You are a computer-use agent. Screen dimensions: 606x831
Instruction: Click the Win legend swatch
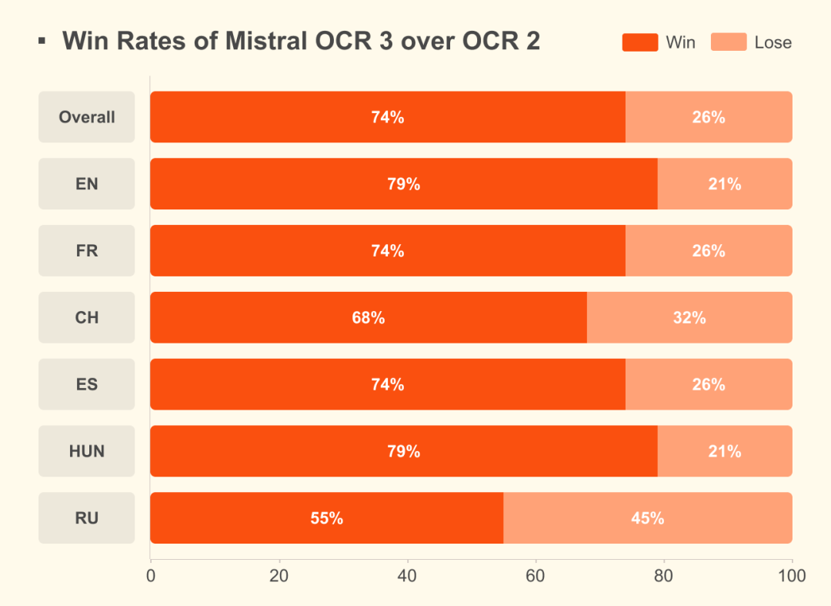[639, 42]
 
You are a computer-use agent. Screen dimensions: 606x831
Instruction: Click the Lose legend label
[773, 42]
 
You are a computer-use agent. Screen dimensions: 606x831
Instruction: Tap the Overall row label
[87, 117]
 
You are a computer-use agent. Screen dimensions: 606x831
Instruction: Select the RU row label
[87, 518]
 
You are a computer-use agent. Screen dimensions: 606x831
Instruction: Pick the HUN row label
[87, 451]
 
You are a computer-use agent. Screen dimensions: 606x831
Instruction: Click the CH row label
[87, 317]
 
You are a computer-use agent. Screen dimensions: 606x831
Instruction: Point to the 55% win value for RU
[326, 518]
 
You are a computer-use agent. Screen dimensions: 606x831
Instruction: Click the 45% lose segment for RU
[647, 518]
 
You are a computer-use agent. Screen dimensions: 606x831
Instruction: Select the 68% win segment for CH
[368, 317]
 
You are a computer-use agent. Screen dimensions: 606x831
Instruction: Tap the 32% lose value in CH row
[689, 317]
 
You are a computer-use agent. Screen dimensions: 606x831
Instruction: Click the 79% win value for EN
[403, 184]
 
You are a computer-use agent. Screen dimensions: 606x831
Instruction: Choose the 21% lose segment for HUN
[724, 451]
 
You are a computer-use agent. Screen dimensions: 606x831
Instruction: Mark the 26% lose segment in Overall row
[708, 117]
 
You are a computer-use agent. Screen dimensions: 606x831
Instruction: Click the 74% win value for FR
[387, 251]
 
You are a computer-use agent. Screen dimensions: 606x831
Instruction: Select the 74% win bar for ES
[387, 384]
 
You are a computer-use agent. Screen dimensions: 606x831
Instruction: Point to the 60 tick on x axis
[536, 576]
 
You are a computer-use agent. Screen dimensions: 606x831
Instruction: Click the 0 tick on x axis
[151, 576]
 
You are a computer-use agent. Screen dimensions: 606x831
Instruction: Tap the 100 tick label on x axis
[792, 576]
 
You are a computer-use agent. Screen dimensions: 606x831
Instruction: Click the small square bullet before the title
[42, 40]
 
